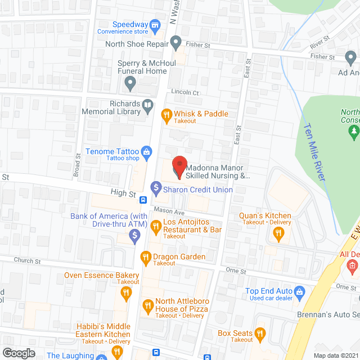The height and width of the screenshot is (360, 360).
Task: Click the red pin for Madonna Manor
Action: click(179, 166)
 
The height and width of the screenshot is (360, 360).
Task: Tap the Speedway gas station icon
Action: click(156, 25)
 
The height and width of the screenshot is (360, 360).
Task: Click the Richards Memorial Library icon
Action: click(147, 105)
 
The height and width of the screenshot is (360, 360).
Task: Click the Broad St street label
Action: click(78, 163)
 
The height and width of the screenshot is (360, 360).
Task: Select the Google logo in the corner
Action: click(19, 353)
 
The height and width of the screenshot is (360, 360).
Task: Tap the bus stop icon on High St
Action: click(143, 199)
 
